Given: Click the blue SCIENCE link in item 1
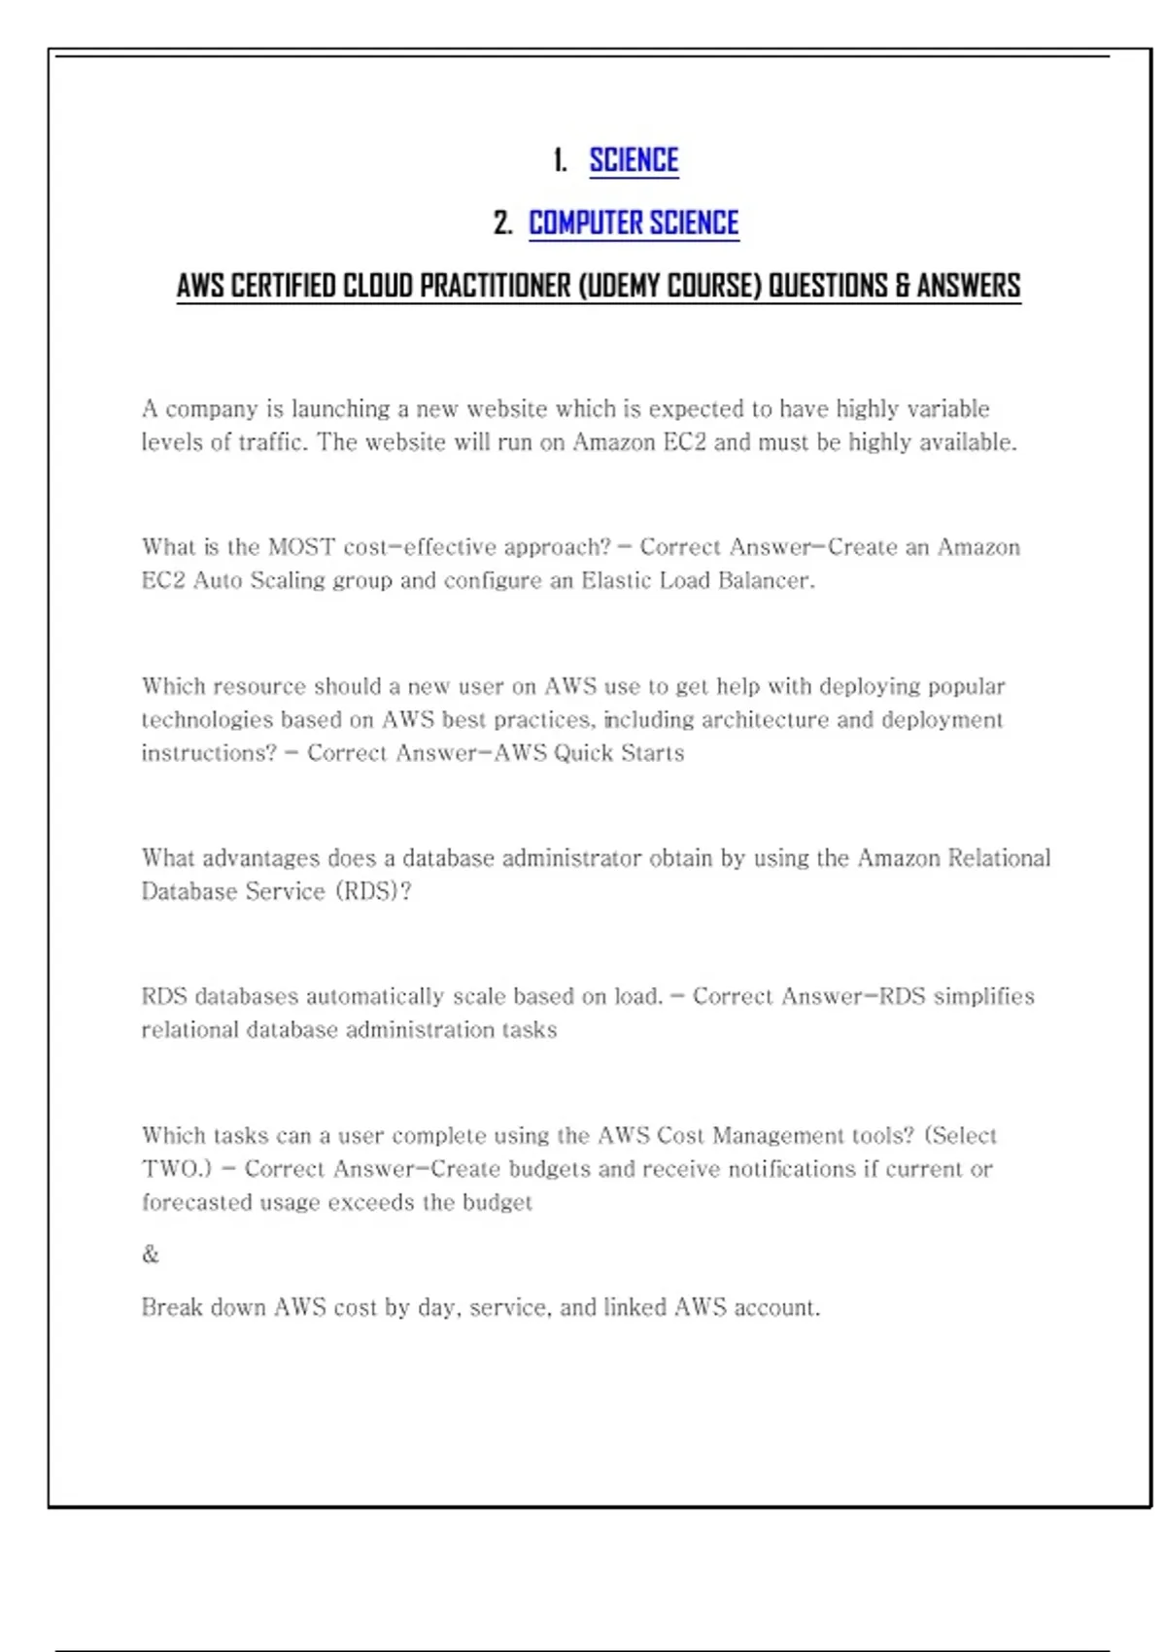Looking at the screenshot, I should click(634, 160).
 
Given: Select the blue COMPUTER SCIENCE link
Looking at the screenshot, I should click(634, 224).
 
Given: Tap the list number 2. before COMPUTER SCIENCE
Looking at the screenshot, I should click(502, 224).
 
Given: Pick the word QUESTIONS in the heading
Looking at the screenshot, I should click(828, 286).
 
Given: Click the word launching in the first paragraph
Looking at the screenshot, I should click(341, 409).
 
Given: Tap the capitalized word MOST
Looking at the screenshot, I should click(301, 547).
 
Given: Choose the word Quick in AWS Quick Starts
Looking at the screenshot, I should click(579, 753).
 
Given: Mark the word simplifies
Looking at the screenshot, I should click(983, 996).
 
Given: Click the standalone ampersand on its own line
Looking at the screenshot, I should click(151, 1255).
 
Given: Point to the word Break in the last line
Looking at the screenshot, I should click(172, 1307).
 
